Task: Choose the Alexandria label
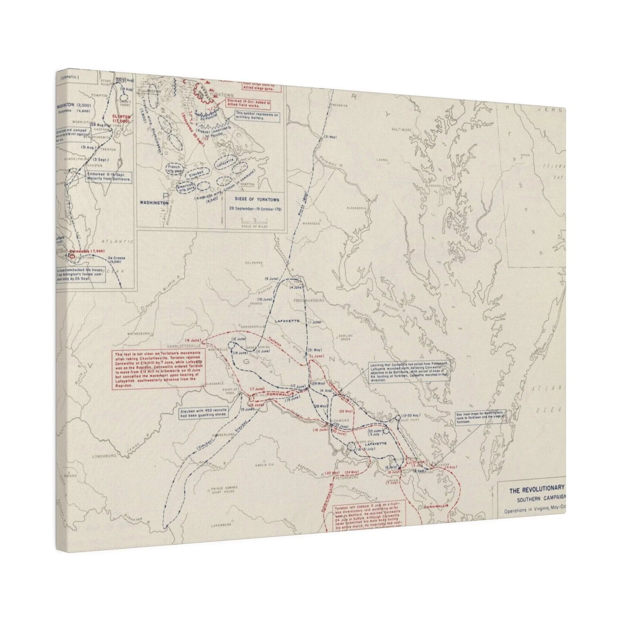(356, 208)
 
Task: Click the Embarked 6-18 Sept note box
(108, 177)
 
